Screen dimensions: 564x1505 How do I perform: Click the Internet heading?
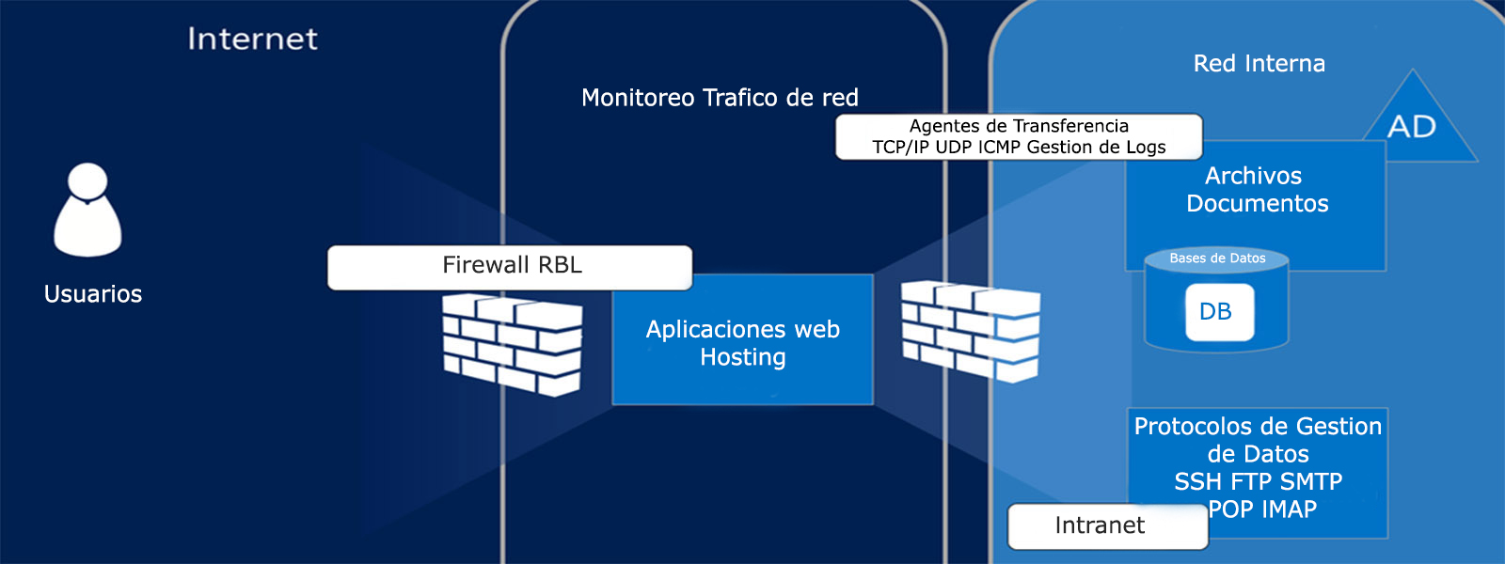click(x=252, y=39)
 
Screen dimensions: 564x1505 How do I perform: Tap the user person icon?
click(x=87, y=211)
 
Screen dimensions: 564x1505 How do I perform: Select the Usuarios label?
click(x=93, y=294)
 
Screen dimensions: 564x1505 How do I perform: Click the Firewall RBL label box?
click(x=510, y=267)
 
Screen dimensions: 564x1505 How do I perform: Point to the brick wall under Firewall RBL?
click(x=513, y=344)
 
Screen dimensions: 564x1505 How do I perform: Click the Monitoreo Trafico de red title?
click(x=720, y=98)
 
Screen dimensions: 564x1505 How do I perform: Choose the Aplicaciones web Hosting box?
click(x=742, y=340)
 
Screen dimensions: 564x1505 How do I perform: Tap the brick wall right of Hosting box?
click(x=971, y=331)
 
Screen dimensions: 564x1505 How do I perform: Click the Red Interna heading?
click(x=1259, y=64)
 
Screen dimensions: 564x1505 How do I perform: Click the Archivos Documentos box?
click(x=1256, y=202)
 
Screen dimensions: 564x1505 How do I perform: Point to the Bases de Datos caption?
click(x=1217, y=258)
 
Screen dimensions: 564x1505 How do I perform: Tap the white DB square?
click(x=1219, y=312)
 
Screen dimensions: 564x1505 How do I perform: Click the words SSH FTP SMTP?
click(x=1258, y=482)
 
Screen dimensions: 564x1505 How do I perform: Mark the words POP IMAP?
click(x=1263, y=509)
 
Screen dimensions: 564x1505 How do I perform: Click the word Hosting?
click(x=743, y=357)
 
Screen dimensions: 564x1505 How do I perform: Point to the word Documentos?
click(x=1257, y=204)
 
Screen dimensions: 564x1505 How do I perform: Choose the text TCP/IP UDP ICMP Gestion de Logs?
click(x=1019, y=148)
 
